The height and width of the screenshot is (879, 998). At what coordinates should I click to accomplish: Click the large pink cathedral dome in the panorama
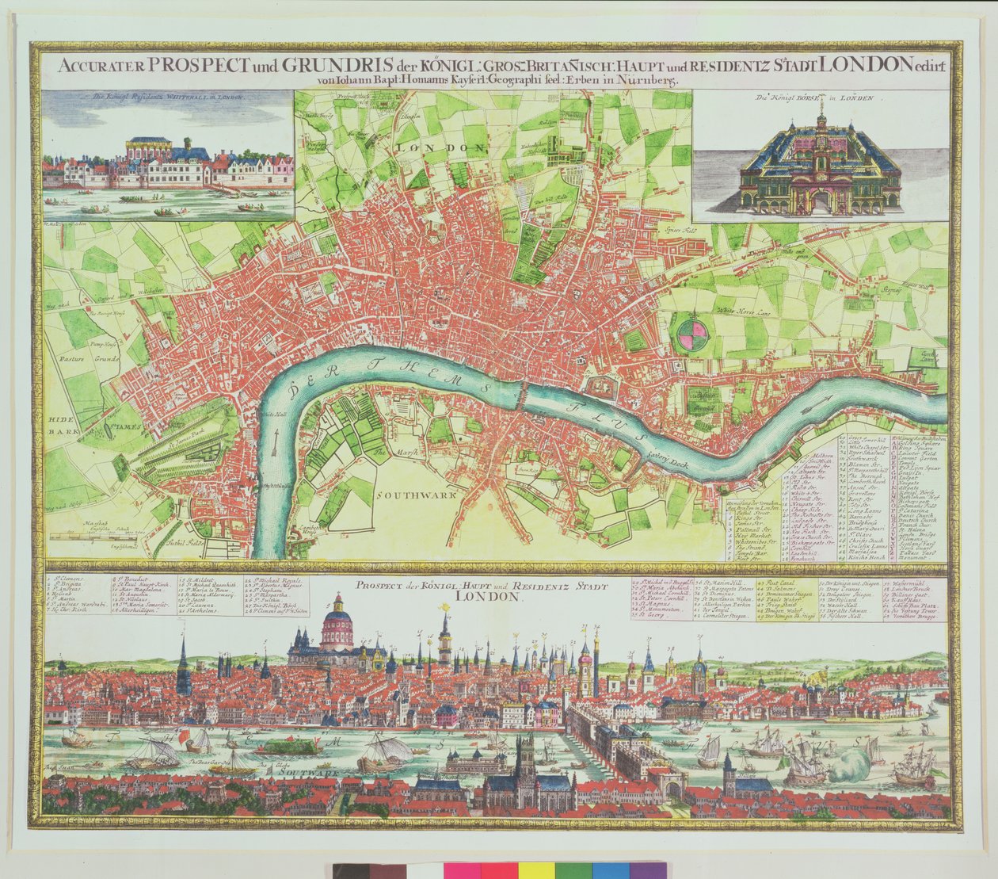[x=337, y=629]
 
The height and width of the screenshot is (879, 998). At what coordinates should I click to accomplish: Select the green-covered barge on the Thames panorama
[x=289, y=745]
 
